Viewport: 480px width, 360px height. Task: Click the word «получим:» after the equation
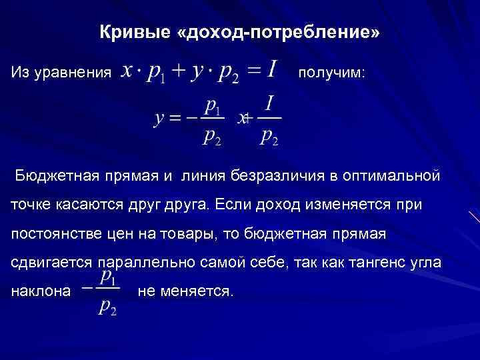pos(331,72)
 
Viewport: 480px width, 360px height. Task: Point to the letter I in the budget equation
pos(273,69)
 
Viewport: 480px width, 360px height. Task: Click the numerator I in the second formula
pos(269,103)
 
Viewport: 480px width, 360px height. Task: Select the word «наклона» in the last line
pos(41,291)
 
